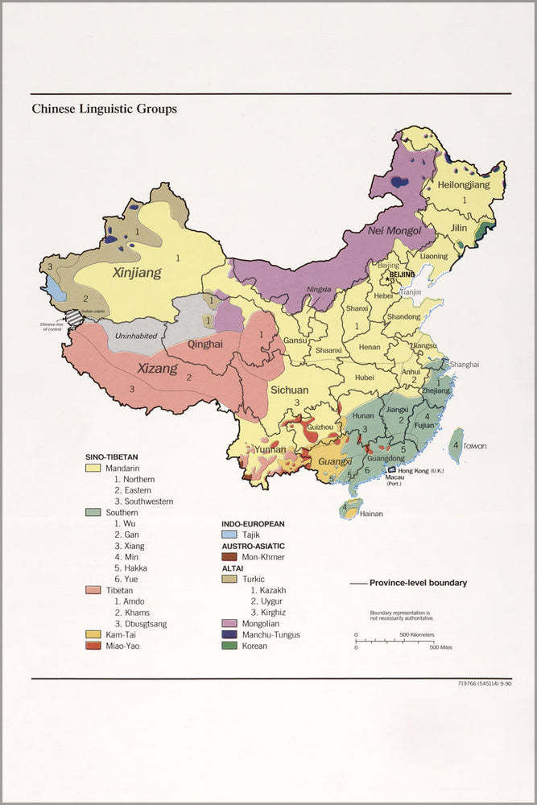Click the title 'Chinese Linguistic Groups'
tap(104, 109)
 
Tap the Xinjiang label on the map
tap(136, 273)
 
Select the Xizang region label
tap(156, 369)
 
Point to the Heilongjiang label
tap(463, 185)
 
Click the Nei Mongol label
tap(394, 232)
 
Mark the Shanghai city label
tap(464, 365)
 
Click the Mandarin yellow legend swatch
tap(93, 467)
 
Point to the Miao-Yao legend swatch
tap(93, 646)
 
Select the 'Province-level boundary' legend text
tap(418, 583)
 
